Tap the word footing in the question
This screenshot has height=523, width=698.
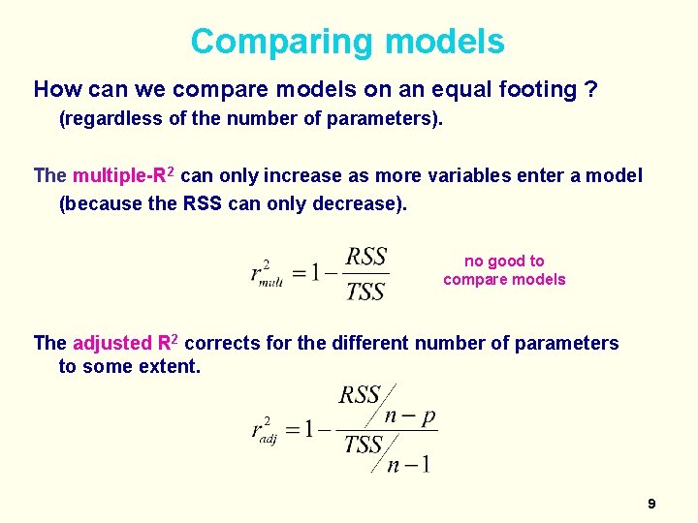[535, 90]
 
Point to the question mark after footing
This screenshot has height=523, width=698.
[590, 90]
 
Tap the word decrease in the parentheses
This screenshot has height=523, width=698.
[363, 204]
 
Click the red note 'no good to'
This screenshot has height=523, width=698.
[504, 261]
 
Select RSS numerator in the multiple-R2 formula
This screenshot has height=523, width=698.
[366, 257]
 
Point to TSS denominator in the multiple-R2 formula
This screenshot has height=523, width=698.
[365, 291]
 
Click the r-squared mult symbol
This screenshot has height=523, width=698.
[267, 274]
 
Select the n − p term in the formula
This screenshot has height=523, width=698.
[410, 416]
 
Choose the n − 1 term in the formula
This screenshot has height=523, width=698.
[408, 465]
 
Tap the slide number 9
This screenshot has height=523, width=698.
[651, 504]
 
